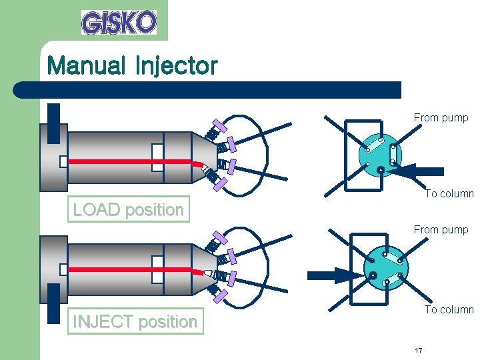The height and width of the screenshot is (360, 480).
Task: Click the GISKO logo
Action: point(119,22)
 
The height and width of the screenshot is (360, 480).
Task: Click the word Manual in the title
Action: point(86,66)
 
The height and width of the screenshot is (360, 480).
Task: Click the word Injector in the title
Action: point(176,66)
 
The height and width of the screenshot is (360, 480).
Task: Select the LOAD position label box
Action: point(128,209)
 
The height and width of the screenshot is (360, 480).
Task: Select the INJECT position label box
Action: point(135,321)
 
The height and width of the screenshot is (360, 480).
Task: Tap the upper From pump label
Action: point(441,118)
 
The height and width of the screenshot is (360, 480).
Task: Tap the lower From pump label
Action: point(441,230)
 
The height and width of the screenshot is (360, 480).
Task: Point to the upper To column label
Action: point(449,194)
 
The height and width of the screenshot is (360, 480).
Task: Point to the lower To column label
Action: point(449,309)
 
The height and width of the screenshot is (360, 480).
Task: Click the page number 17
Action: point(418,350)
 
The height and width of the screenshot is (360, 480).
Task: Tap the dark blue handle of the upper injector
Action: point(53,124)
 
